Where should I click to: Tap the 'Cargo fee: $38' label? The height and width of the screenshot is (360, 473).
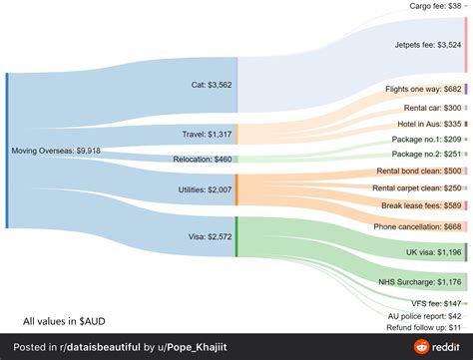435,6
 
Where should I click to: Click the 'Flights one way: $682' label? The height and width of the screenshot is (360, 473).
423,89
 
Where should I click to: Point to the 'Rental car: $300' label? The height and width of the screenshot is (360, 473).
432,108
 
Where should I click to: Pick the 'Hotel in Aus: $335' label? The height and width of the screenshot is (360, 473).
429,124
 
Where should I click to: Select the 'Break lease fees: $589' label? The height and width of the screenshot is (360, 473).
422,205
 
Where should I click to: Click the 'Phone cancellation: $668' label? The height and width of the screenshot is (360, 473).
417,226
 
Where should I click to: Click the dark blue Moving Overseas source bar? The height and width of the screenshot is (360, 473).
7,151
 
